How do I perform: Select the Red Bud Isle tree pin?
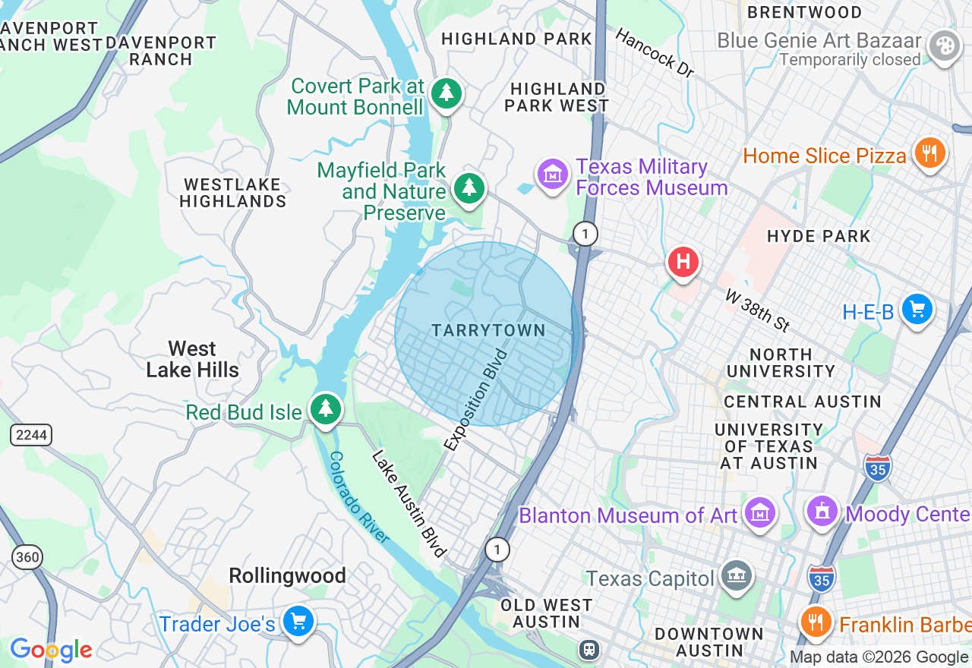pos(326,409)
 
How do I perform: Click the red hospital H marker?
pos(683,263)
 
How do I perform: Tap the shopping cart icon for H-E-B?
pos(917,310)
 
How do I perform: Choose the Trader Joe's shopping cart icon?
pos(298,622)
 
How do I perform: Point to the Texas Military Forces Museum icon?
pos(553,175)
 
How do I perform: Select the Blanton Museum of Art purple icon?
pos(760,514)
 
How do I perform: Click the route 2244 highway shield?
pos(31,435)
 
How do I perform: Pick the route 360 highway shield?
pos(27,556)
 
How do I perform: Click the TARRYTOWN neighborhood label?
pos(488,330)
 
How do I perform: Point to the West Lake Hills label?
pos(192,359)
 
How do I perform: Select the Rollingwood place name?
pos(287,576)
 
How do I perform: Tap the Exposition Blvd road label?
pos(476,400)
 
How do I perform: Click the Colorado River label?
pos(359,497)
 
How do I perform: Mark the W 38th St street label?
pos(757,310)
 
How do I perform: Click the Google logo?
pos(51,650)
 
